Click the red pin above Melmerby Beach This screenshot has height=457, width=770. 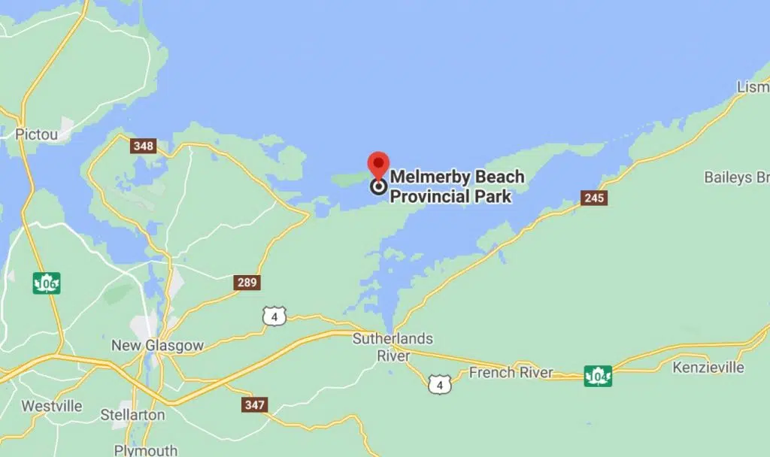[x=378, y=164]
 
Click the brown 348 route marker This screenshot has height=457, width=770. [x=143, y=146]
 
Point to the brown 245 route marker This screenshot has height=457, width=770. [x=594, y=198]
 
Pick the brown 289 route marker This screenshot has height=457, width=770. [x=247, y=283]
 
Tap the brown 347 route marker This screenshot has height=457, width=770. [x=254, y=405]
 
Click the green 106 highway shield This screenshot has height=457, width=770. [x=47, y=283]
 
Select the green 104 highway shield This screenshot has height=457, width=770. [x=599, y=375]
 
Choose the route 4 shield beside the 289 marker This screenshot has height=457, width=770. [x=274, y=316]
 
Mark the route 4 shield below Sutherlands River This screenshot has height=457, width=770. [x=438, y=385]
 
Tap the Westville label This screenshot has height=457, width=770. [x=51, y=406]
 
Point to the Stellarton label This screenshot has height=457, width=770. [x=133, y=415]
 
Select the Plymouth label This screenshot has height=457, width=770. [x=146, y=450]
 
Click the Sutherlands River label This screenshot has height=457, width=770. [x=393, y=347]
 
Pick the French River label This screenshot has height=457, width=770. [x=511, y=372]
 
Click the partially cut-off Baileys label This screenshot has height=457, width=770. [x=736, y=177]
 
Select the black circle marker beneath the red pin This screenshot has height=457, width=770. [x=379, y=186]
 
